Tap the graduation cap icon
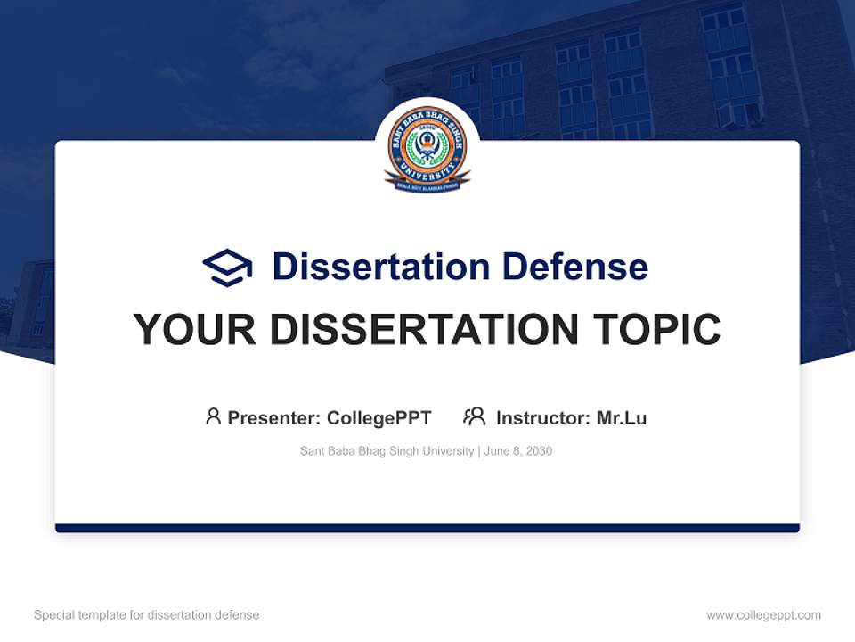pos(227,267)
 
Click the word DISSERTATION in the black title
pos(425,330)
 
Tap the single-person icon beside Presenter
pos(213,416)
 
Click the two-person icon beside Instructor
pos(474,416)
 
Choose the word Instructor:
pos(542,417)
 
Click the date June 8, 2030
pos(518,451)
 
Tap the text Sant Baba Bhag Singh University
pos(387,451)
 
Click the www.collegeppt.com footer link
pos(763,615)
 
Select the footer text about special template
pos(147,615)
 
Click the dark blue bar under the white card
pos(427,528)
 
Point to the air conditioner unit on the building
pos(729,114)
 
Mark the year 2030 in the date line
pos(539,451)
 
